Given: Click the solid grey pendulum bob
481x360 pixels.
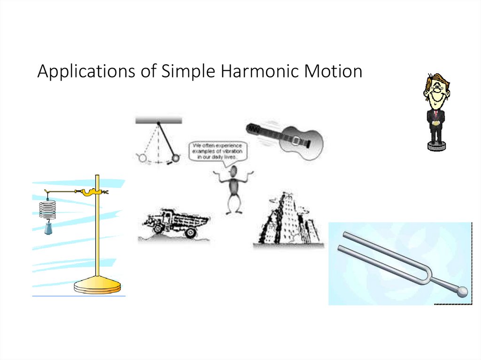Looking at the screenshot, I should click(176, 159).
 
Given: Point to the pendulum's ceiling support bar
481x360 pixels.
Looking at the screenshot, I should click(158, 120).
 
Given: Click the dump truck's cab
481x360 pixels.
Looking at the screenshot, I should click(163, 218).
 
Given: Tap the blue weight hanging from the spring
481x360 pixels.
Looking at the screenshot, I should click(48, 229).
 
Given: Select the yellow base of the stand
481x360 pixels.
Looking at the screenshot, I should click(97, 285).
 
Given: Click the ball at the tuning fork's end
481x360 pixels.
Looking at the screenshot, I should click(463, 292).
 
